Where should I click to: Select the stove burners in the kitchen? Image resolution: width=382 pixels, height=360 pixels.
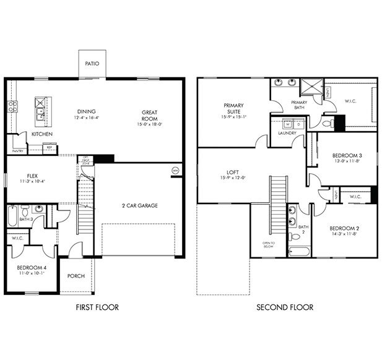(x=11, y=106)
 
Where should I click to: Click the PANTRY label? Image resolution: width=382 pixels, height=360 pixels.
(x=18, y=150)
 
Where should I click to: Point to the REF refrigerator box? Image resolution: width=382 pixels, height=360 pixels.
(x=49, y=147)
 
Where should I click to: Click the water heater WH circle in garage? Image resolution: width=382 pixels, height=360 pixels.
(x=175, y=170)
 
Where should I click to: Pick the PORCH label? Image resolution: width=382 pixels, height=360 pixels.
(x=76, y=276)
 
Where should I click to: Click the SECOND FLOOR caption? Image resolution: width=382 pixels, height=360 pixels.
(x=286, y=307)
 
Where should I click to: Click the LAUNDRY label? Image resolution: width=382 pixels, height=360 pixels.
(x=287, y=133)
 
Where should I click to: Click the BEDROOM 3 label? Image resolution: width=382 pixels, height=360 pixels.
(x=347, y=155)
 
